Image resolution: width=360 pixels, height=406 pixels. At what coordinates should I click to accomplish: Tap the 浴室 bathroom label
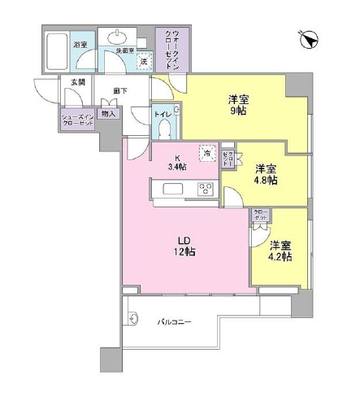[x=80, y=43]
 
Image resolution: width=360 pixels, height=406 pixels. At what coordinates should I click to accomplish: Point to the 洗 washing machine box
[x=143, y=61]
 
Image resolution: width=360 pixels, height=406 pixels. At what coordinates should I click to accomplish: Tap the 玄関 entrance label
[x=77, y=82]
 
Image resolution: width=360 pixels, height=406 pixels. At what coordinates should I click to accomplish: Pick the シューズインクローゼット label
[x=77, y=119]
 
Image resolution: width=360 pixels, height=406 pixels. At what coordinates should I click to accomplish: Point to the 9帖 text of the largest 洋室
[x=238, y=111]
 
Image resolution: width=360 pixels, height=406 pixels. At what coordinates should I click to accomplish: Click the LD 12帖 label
[x=184, y=245]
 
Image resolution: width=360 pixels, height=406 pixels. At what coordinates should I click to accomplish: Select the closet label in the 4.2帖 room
[x=262, y=215]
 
